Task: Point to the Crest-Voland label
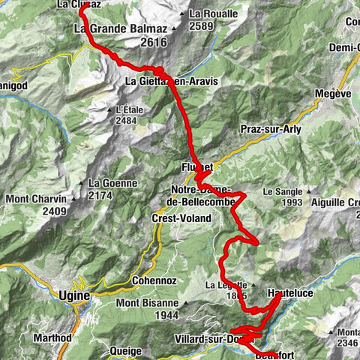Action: point(181,218)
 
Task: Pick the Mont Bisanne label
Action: point(148,304)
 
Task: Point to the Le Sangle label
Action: point(282,191)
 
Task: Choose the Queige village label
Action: point(124,350)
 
